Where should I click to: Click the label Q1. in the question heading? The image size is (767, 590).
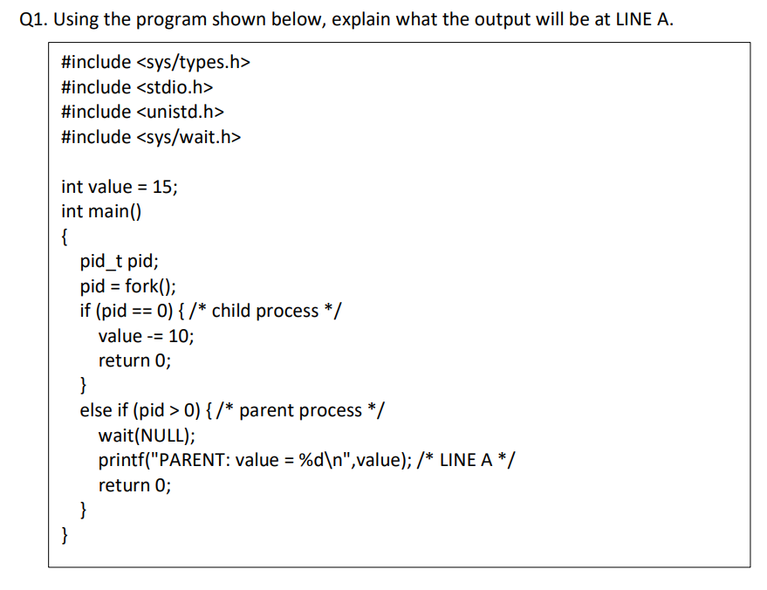point(32,20)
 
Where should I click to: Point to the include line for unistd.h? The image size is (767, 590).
point(143,112)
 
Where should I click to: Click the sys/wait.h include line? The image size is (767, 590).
point(152,137)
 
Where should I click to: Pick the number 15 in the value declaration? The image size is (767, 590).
point(162,187)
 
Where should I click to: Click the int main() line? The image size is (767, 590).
point(102,211)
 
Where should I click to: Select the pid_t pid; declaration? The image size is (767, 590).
point(119,261)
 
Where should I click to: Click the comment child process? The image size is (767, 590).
point(265,311)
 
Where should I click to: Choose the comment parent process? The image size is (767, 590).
point(300,410)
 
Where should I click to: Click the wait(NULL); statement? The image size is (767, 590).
point(147,436)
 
